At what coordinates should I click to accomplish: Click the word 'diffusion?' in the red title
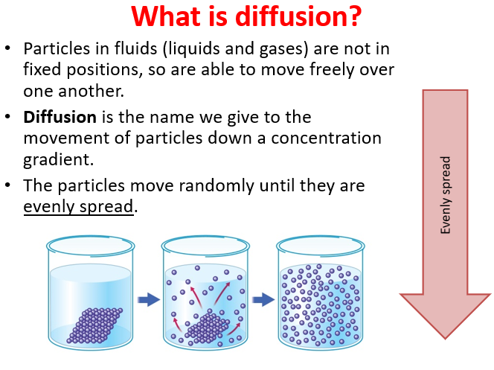pos(298,16)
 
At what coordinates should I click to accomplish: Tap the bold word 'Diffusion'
pos(60,117)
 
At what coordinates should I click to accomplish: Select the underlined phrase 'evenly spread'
pos(78,207)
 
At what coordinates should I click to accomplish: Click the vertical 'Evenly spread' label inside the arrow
pos(446,195)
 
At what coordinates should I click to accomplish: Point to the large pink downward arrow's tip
pos(445,339)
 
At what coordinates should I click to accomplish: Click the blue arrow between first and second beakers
pos(149,299)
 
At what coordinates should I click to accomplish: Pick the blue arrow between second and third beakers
pos(263,299)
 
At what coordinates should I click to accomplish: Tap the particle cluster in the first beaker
pos(94,325)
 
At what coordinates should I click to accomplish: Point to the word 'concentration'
pos(326,138)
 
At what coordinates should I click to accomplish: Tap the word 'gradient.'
pos(59,160)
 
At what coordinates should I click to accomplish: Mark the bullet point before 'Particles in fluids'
pos(8,48)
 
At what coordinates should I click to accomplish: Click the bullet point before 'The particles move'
pos(8,185)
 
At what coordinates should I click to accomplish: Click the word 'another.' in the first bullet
pos(92,92)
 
